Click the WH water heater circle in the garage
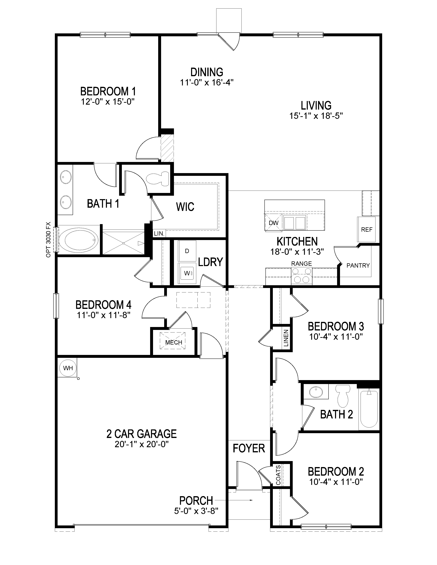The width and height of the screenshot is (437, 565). [x=68, y=368]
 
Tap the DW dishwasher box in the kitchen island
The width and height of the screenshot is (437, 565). [x=273, y=222]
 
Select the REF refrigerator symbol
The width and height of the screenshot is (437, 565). [x=367, y=229]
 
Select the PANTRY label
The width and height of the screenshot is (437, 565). [x=358, y=265]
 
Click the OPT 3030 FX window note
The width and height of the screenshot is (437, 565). [x=48, y=240]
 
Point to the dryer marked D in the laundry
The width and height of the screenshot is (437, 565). [x=187, y=251]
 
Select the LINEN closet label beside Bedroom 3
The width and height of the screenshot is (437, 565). [x=286, y=338]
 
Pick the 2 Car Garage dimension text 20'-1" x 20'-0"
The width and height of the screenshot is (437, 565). [x=142, y=444]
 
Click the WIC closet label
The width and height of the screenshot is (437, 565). [x=185, y=207]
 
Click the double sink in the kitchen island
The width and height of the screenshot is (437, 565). [x=294, y=222]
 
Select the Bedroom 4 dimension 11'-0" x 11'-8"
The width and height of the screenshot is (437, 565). [x=103, y=315]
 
